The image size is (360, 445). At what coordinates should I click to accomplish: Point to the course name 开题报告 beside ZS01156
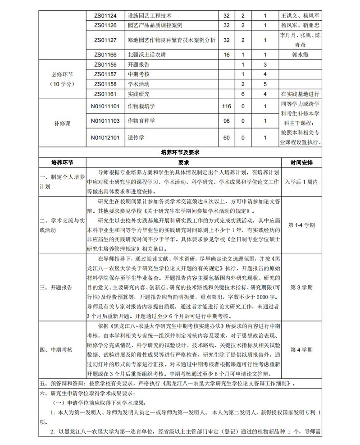click(139, 64)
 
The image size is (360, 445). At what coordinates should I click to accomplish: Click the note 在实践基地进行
click(300, 94)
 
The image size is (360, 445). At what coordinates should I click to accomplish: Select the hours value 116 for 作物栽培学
click(227, 106)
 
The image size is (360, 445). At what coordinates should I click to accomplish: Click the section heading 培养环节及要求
click(180, 152)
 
